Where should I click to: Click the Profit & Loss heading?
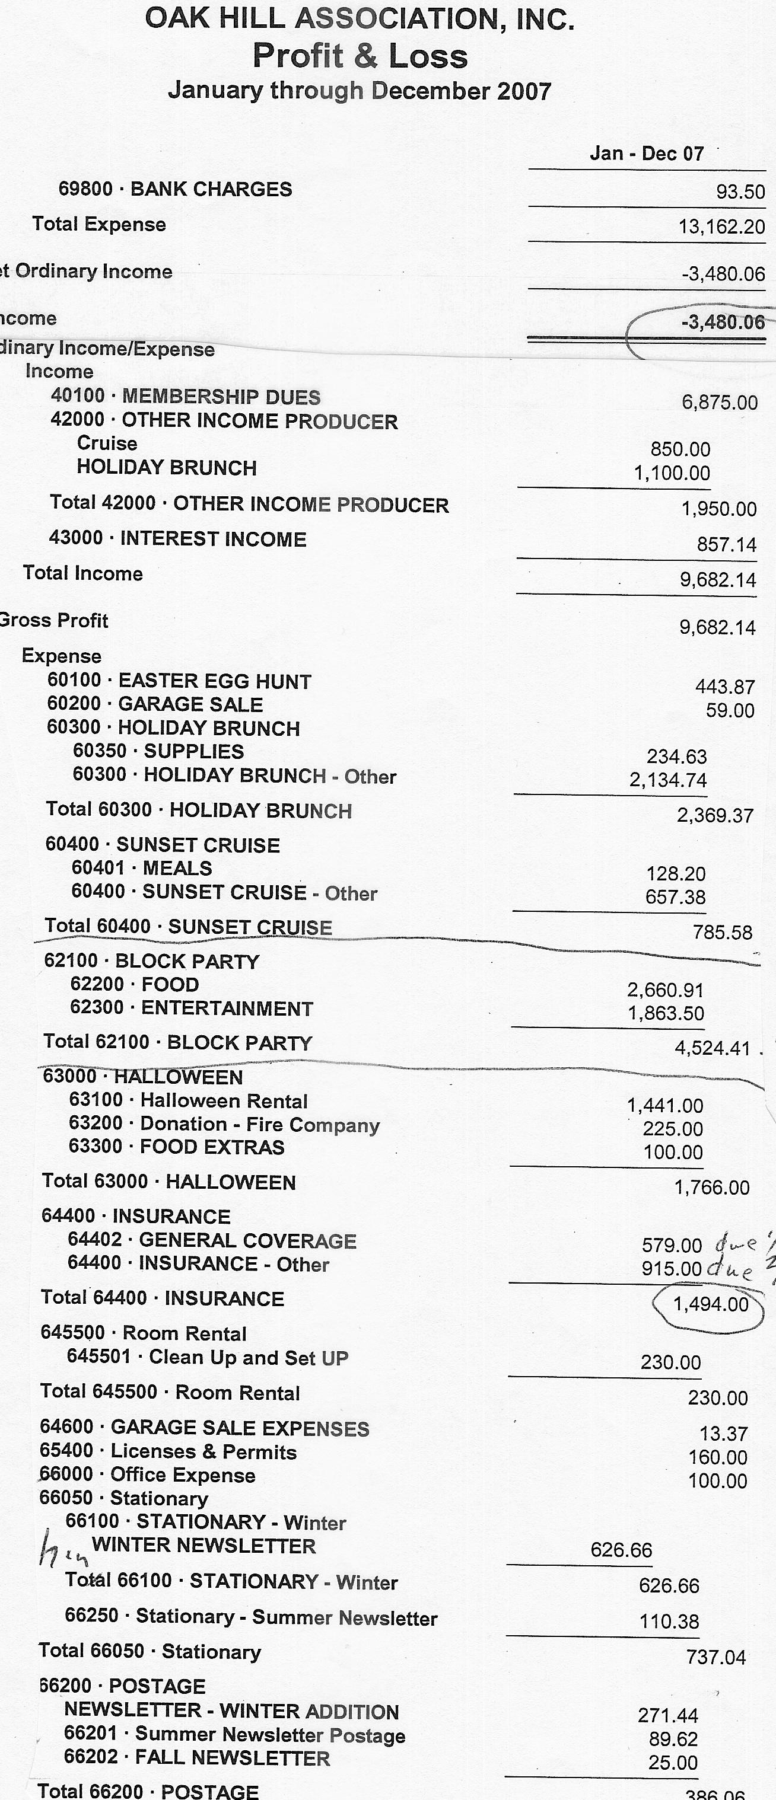click(x=360, y=56)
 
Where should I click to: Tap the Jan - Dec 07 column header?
click(x=647, y=154)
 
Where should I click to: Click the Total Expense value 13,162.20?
click(x=721, y=227)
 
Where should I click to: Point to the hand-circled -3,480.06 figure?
click(x=723, y=322)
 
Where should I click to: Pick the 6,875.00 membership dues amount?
click(x=720, y=403)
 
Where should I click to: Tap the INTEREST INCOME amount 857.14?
click(x=726, y=545)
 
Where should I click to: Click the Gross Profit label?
click(x=54, y=621)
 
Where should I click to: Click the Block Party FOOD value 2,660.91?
click(x=666, y=990)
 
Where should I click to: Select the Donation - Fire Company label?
click(x=259, y=1125)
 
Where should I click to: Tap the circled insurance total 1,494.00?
click(x=710, y=1304)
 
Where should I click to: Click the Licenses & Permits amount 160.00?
click(x=718, y=1457)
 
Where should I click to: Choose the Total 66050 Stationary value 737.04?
click(x=716, y=1658)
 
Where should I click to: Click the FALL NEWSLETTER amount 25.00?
click(x=673, y=1763)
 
